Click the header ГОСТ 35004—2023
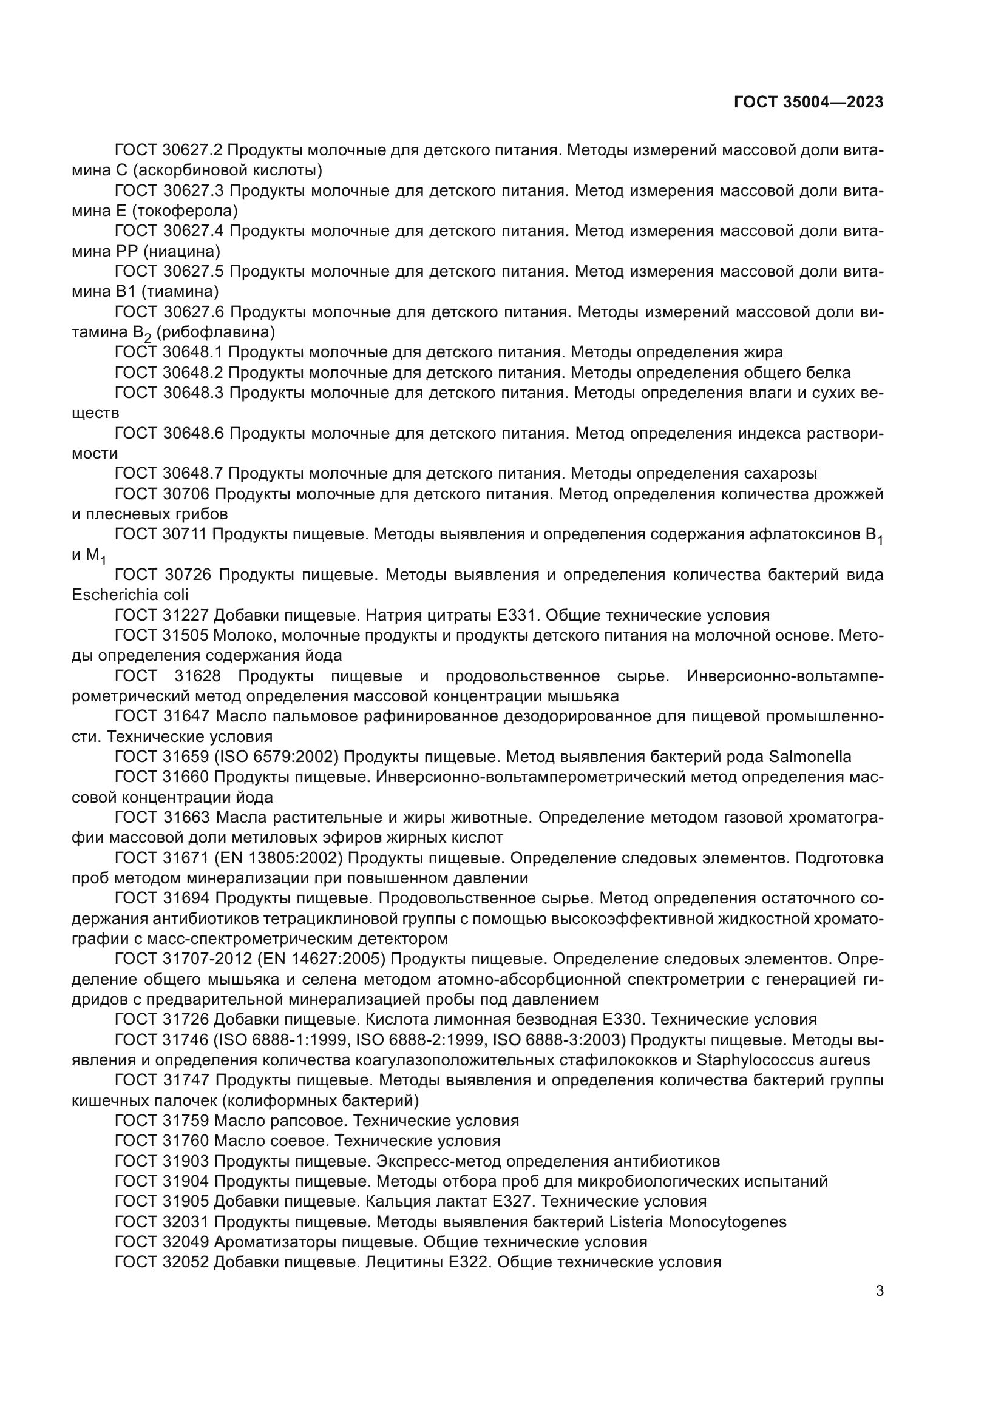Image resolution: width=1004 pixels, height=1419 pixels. tap(809, 103)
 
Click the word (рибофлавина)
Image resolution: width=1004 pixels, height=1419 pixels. tap(215, 332)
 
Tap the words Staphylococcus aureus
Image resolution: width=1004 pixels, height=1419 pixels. tap(783, 1060)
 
